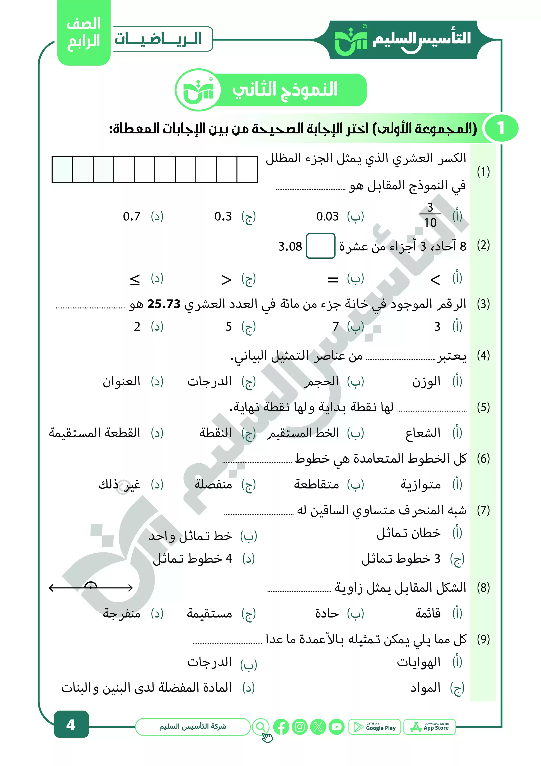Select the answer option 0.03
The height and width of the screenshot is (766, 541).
(327, 217)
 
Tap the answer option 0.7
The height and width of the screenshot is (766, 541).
(132, 217)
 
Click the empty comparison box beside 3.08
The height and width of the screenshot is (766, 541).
(320, 246)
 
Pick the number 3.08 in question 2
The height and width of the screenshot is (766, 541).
(290, 247)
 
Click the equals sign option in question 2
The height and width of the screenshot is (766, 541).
(333, 279)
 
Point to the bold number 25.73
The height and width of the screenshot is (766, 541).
(164, 304)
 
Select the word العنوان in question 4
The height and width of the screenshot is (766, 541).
(121, 381)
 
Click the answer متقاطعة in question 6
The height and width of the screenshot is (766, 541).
(316, 484)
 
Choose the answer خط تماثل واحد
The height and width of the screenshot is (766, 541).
(190, 536)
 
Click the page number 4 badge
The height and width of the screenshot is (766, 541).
(71, 725)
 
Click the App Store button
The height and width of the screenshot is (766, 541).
(430, 727)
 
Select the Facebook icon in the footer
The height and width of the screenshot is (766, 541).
(281, 727)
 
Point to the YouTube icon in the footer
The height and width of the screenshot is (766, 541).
(336, 727)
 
